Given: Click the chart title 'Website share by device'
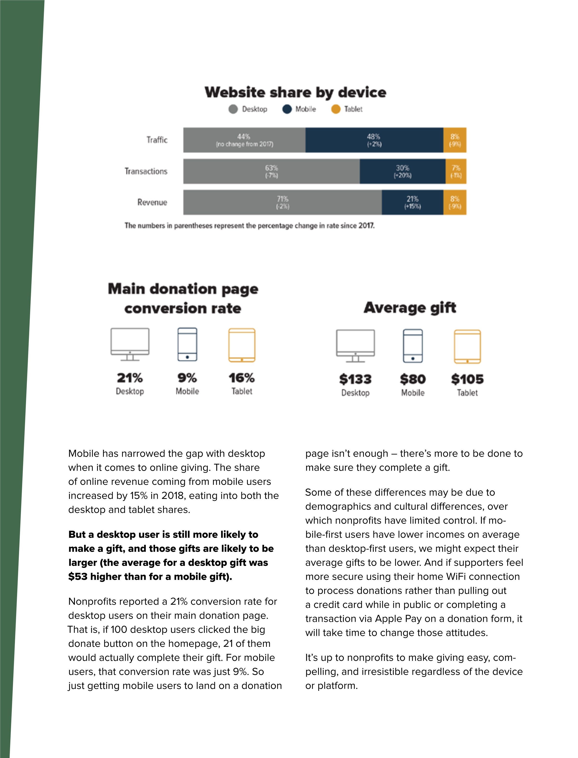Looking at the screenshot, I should (295, 92).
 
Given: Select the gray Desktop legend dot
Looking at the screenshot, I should (233, 109).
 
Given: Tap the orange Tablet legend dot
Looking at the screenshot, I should (335, 109).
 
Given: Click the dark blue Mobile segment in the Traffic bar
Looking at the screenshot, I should (374, 140).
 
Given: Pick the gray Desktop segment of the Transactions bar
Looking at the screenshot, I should (271, 171).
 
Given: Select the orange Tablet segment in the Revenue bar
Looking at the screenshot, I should (455, 202).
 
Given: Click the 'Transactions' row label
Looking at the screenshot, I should (146, 171).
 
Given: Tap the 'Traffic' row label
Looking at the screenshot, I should (157, 140).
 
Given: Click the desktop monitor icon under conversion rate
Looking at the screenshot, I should (130, 344).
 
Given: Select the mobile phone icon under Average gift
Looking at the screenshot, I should (413, 346).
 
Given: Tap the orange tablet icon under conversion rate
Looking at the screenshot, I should (242, 345).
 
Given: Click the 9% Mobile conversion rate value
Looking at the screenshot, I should (187, 378).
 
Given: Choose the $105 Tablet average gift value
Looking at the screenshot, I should (467, 379).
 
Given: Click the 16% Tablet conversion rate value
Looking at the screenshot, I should (242, 378).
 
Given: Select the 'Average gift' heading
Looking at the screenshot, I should (410, 308).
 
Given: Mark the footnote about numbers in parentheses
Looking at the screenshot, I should (250, 226).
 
